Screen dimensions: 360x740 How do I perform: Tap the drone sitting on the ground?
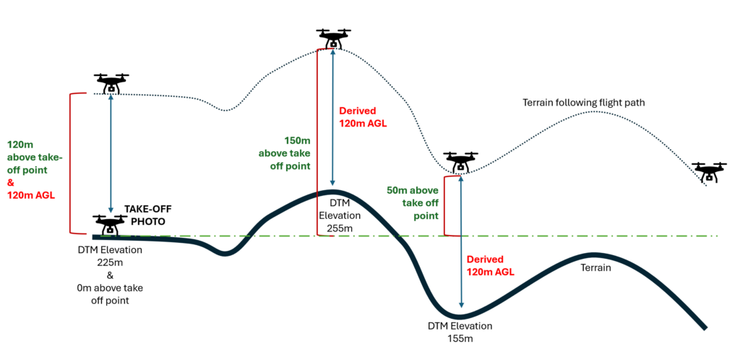[111, 225]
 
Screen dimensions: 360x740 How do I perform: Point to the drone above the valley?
[460, 163]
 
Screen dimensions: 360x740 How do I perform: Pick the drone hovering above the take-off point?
[111, 83]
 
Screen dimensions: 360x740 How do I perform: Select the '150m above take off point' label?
[285, 153]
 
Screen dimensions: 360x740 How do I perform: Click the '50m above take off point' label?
[412, 202]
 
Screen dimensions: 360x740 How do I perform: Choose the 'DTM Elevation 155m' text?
[460, 332]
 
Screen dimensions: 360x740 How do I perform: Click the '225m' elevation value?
[110, 262]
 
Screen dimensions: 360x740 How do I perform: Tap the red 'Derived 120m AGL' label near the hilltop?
[363, 117]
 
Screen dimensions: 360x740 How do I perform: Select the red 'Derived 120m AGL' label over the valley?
[490, 265]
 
